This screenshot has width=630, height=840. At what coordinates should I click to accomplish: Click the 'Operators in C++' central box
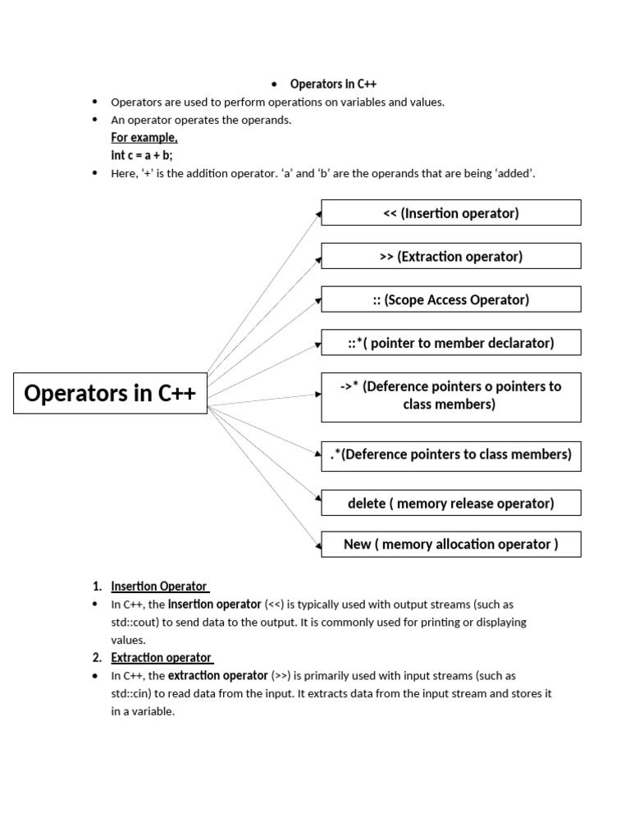click(x=110, y=393)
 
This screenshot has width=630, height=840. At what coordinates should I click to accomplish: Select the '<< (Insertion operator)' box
click(x=450, y=213)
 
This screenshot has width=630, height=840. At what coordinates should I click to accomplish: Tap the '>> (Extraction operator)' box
click(x=450, y=256)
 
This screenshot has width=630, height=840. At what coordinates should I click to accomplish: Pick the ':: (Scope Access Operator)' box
click(x=450, y=299)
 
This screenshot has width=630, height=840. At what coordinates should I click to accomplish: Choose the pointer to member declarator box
click(x=450, y=343)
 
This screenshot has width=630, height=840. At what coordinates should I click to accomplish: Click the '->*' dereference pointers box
click(x=450, y=395)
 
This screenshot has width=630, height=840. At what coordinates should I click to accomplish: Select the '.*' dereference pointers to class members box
click(x=450, y=454)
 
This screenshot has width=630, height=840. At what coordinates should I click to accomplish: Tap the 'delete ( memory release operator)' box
click(x=450, y=503)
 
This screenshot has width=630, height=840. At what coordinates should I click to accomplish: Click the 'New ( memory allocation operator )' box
click(x=450, y=544)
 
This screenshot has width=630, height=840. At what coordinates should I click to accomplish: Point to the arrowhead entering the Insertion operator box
click(x=317, y=214)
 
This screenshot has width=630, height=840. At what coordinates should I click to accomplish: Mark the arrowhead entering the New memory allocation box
click(x=317, y=543)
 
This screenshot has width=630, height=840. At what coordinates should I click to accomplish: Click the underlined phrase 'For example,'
click(x=144, y=138)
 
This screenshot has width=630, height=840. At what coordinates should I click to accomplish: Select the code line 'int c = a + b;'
click(x=142, y=155)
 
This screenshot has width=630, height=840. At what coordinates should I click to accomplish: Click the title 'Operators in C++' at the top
click(x=333, y=84)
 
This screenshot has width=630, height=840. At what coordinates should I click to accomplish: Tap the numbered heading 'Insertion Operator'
click(x=159, y=586)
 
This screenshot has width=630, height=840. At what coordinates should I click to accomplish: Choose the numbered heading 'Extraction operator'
click(x=161, y=657)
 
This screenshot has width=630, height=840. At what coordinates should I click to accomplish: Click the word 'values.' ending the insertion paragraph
click(x=128, y=640)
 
